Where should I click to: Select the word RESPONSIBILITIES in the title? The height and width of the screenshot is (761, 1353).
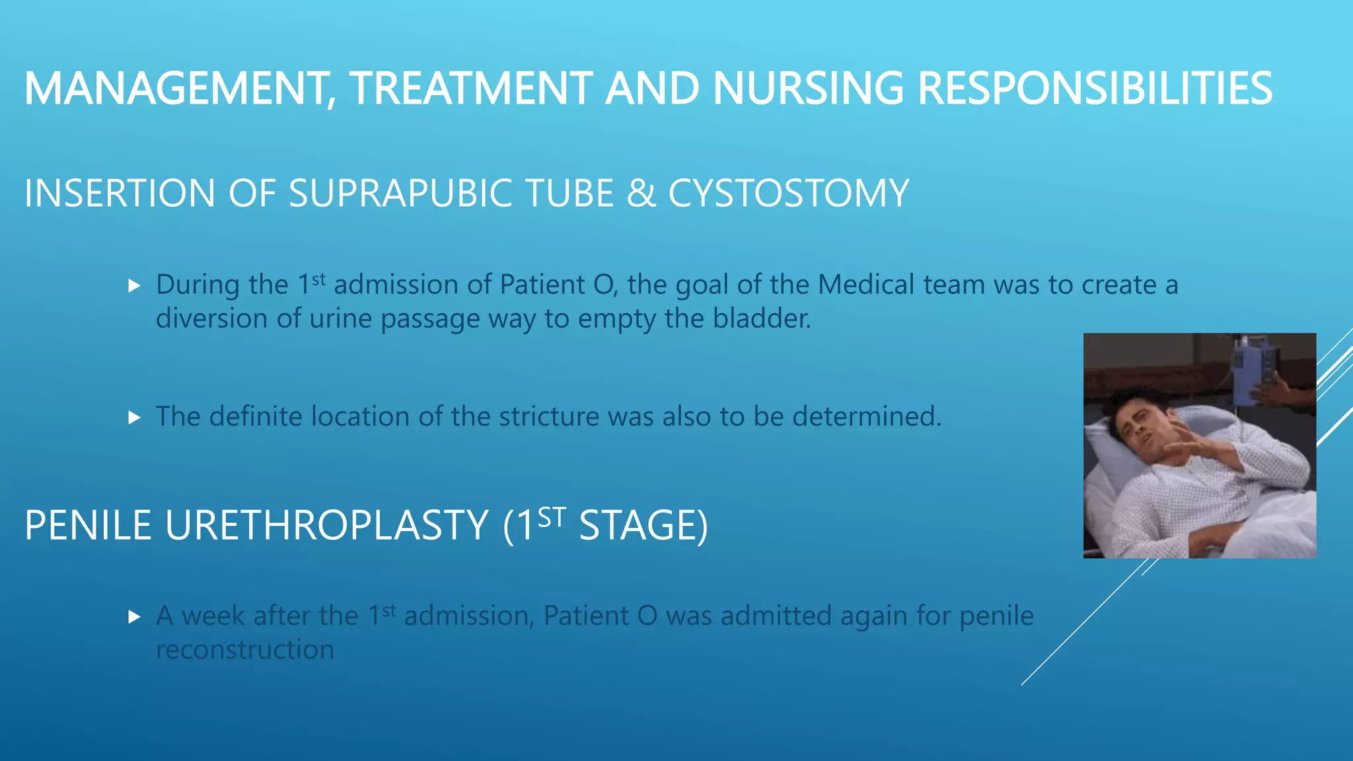click(x=1095, y=89)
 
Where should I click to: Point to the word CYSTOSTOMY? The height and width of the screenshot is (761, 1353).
click(x=788, y=194)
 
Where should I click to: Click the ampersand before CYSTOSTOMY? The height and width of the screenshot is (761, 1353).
click(x=641, y=194)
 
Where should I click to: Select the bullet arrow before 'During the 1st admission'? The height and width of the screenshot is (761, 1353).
click(x=135, y=286)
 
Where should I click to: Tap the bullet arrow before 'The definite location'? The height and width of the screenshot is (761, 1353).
click(x=135, y=417)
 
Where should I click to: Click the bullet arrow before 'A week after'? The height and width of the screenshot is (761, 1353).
click(x=135, y=617)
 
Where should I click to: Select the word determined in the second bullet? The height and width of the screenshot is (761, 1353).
click(x=866, y=417)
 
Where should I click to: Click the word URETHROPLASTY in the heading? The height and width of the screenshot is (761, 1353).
click(x=326, y=526)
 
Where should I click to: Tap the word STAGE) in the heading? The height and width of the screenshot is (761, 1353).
click(x=643, y=526)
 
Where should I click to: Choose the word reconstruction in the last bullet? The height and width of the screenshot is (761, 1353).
click(x=245, y=650)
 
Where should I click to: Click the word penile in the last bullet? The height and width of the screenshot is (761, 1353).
click(x=996, y=616)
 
